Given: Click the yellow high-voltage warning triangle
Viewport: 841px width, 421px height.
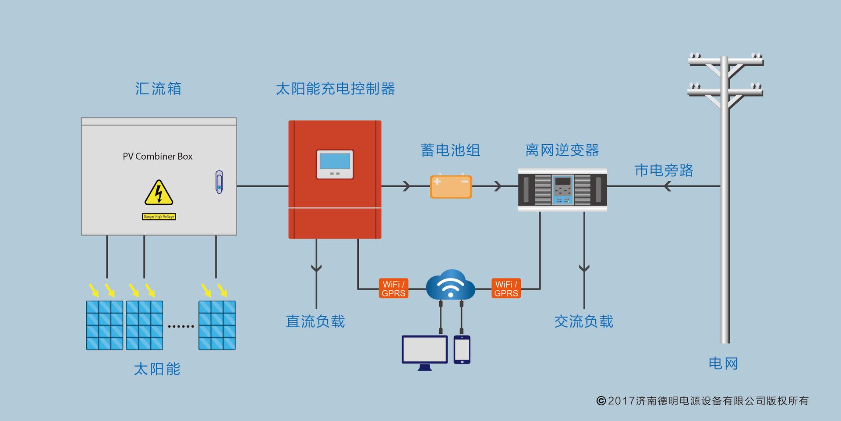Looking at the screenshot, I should (159, 193).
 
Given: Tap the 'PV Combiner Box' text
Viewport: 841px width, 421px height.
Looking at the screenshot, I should (158, 157).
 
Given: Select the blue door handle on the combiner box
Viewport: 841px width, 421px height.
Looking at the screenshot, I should (219, 182).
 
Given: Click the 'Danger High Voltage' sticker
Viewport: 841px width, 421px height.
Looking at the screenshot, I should (159, 217).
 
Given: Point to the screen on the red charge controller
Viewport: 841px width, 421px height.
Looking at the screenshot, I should (335, 162).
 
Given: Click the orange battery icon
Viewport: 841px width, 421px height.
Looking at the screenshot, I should (451, 186).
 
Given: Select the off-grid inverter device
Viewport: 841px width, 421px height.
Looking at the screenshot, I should (562, 189).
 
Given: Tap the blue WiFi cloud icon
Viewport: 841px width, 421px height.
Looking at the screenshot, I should (450, 285).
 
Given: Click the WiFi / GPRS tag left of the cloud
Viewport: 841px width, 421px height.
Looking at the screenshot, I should (393, 289).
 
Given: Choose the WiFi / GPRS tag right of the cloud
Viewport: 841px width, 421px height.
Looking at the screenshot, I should (506, 289).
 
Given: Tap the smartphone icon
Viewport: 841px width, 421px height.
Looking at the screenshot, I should (462, 350).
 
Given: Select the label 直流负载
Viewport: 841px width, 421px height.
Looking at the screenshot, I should (315, 321).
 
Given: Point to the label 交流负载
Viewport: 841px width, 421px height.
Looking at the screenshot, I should (583, 321).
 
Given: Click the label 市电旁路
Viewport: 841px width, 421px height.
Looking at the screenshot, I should (664, 171).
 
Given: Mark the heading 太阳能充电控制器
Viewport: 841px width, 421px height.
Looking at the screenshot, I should (335, 89).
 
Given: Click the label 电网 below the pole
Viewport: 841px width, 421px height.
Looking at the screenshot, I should (723, 364).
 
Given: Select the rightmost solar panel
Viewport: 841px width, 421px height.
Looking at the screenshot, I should (217, 325).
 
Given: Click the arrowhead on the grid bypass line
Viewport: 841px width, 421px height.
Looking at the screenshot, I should (667, 186).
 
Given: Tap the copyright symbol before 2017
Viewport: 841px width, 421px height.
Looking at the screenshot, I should (601, 401).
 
